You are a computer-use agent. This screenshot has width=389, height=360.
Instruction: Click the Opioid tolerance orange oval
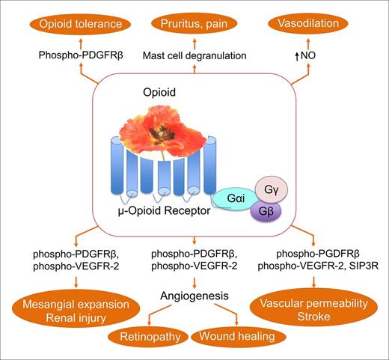click(x=71, y=25)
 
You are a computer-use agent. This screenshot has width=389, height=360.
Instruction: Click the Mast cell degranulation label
click(x=194, y=55)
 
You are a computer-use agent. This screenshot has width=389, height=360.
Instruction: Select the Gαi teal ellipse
click(x=234, y=198)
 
